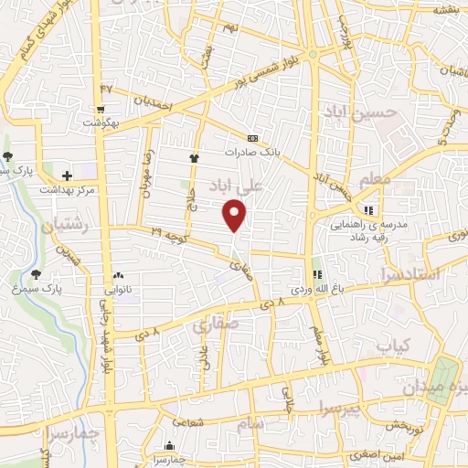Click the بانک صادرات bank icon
252,139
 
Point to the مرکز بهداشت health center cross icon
67,175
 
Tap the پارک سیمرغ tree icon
37,273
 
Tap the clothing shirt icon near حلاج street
194,159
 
